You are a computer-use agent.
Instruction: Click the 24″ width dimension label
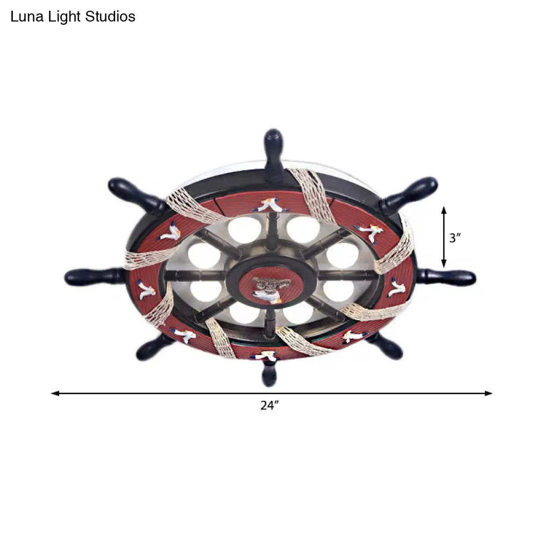(269, 406)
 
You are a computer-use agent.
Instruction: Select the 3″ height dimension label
(455, 237)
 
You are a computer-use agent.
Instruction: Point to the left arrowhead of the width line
(55, 393)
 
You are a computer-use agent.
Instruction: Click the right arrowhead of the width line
(489, 393)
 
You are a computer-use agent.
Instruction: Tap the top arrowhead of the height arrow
(444, 210)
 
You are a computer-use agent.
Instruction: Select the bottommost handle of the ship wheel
(268, 372)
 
